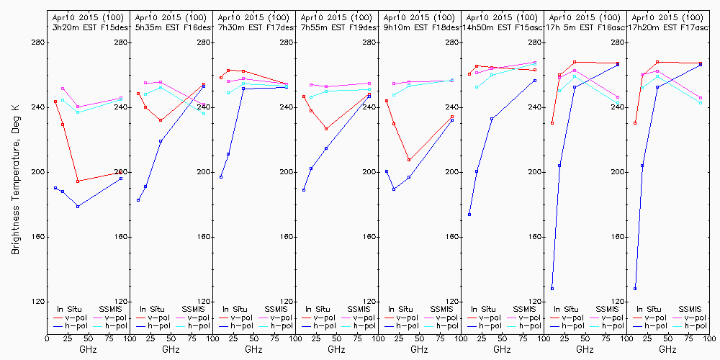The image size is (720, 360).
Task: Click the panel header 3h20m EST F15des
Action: click(x=90, y=27)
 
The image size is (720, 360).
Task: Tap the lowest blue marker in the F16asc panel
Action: click(x=552, y=288)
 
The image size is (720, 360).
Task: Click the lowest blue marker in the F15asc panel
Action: click(x=469, y=215)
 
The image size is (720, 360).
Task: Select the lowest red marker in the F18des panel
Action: click(x=409, y=160)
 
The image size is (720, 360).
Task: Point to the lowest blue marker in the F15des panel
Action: click(x=78, y=207)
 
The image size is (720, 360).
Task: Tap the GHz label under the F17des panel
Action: click(x=253, y=349)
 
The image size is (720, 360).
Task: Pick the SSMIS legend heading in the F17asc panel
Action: click(x=689, y=309)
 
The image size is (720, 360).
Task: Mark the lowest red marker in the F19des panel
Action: click(x=326, y=129)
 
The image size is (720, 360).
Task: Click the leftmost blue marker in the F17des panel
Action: click(x=221, y=177)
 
